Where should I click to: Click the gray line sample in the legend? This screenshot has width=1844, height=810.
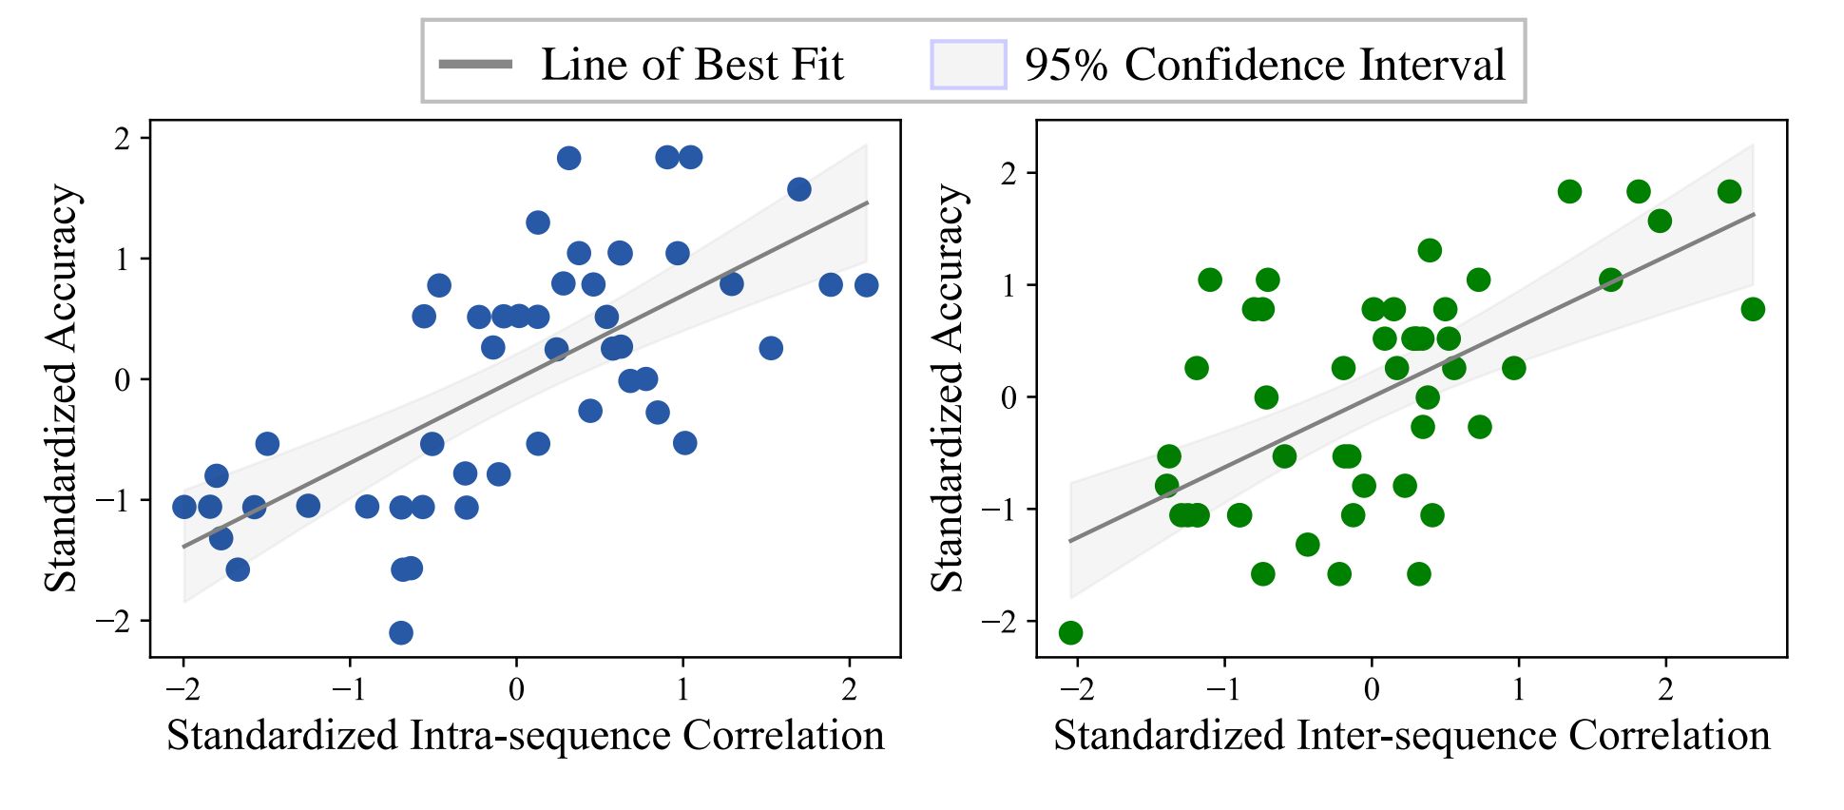[x=475, y=65]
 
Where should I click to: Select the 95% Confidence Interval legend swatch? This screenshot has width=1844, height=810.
[x=968, y=65]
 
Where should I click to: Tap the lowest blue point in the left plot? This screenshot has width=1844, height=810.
[x=401, y=632]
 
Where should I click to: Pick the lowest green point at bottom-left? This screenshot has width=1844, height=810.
[x=1070, y=632]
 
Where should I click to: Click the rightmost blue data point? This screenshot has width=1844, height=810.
[x=866, y=284]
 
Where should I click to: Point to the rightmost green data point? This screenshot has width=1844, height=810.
[x=1753, y=309]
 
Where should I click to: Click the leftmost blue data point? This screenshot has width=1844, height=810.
[x=184, y=507]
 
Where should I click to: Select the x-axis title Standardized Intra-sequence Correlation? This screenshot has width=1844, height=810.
[x=525, y=736]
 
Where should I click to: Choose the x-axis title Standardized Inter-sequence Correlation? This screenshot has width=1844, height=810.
[x=1412, y=736]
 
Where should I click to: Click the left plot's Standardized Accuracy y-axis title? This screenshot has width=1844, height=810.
[x=63, y=388]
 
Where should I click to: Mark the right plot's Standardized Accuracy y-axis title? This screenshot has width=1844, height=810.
[x=948, y=388]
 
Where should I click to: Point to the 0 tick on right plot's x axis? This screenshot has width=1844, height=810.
[x=1372, y=688]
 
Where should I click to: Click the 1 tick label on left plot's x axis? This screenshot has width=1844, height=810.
[x=682, y=688]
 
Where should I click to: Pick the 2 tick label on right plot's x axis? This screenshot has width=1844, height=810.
[x=1665, y=688]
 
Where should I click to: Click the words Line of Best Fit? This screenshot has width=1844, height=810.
[x=692, y=65]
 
